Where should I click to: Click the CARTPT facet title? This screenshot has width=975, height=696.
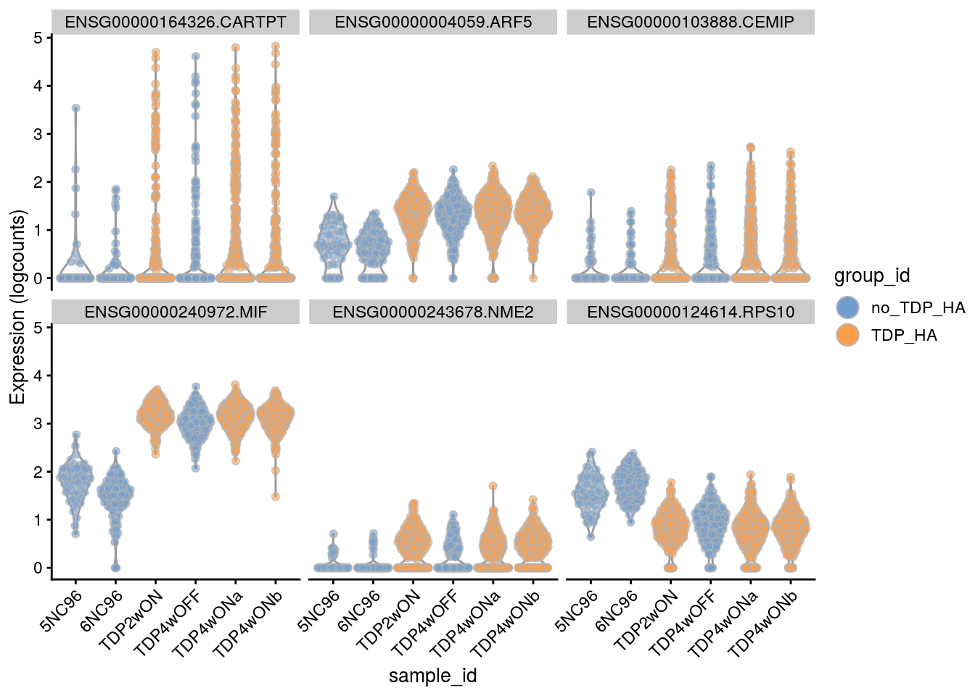[x=175, y=22]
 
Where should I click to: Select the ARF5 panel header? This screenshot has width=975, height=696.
[x=432, y=22]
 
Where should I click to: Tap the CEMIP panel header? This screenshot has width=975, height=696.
[x=690, y=22]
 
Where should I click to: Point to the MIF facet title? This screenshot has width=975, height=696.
[x=175, y=312]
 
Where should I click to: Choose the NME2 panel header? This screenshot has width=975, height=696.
[x=432, y=312]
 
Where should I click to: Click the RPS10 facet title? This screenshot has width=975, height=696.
[x=690, y=312]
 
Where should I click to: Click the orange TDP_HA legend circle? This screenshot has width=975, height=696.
[x=847, y=335]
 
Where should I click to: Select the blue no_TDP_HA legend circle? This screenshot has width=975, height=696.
[x=847, y=307]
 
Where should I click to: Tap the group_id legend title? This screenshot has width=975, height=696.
[x=871, y=275]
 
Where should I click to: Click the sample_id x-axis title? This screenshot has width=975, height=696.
[x=432, y=676]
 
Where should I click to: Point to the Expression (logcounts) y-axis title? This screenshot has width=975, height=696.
[x=17, y=307]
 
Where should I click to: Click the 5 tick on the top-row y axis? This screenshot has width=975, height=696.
[x=38, y=38]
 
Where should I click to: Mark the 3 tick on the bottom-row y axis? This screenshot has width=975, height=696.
[x=38, y=423]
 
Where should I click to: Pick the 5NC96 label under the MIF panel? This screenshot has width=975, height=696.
[x=62, y=611]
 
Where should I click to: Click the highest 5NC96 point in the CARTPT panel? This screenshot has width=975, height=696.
[x=75, y=108]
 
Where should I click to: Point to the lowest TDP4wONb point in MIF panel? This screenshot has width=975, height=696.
[x=276, y=497]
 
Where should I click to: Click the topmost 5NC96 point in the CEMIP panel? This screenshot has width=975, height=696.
[x=591, y=192]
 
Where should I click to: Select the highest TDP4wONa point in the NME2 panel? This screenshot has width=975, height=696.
[x=493, y=486]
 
